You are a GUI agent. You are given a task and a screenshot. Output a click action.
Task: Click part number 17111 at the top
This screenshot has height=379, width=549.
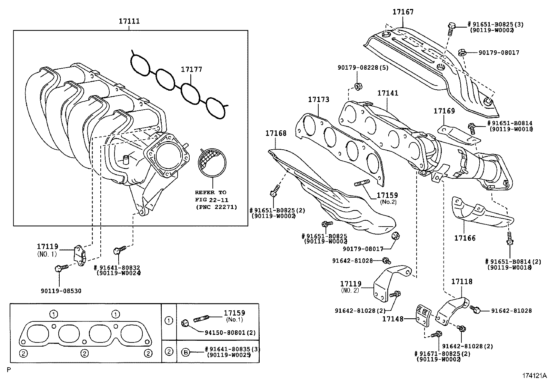point(129,21)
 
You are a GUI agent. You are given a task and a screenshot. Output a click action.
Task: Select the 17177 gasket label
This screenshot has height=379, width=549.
point(192,69)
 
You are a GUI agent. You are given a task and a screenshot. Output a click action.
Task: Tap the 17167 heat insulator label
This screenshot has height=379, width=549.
point(403,12)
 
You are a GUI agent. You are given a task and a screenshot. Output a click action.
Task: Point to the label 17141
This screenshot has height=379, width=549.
point(388,93)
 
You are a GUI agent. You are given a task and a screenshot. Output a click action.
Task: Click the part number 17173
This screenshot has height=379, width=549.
point(318,99)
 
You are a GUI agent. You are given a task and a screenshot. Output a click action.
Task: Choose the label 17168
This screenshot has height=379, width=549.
point(276,133)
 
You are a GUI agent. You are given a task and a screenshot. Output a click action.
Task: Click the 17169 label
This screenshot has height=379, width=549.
point(444,111)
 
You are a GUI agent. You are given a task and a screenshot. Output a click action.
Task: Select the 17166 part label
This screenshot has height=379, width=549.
point(465,238)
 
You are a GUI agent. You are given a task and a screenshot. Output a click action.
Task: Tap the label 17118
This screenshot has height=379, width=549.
point(462,282)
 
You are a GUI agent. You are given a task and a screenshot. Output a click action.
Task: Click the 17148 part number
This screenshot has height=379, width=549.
point(392,319)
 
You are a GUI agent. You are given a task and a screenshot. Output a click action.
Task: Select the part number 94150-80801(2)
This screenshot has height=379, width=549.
point(230,333)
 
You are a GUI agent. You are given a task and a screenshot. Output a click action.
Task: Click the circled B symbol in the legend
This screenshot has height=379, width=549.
point(186,352)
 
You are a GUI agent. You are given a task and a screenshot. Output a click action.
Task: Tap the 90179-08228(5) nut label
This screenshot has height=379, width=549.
point(363,68)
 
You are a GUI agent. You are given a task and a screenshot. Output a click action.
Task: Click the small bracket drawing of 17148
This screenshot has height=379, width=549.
point(422,315)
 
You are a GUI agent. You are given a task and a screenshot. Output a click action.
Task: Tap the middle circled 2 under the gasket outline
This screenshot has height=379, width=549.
point(85,353)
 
